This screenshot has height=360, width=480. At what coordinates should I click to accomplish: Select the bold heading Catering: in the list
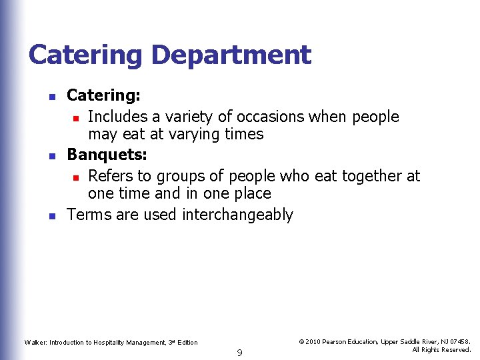click(103, 96)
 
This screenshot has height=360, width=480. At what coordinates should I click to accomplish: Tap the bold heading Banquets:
click(107, 155)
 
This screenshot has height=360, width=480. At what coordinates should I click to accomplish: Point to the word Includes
click(117, 117)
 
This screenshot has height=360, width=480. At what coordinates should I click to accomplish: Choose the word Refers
click(110, 176)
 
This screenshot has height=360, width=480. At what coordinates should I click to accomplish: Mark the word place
click(249, 193)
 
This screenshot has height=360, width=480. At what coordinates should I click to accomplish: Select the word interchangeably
click(237, 215)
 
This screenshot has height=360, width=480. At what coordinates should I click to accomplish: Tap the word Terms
click(89, 215)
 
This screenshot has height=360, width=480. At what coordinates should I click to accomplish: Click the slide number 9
click(239, 353)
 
